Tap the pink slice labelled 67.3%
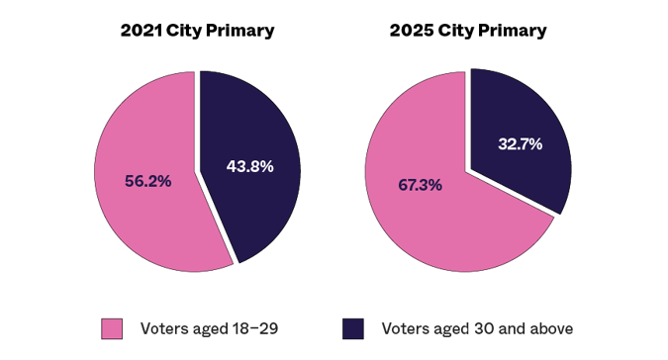pyautogui.click(x=435, y=227)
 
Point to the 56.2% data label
pyautogui.click(x=147, y=181)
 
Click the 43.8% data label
pyautogui.click(x=249, y=166)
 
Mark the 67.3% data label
pyautogui.click(x=420, y=185)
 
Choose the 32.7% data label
pyautogui.click(x=520, y=144)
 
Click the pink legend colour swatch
pyautogui.click(x=112, y=328)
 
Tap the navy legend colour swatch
pyautogui.click(x=352, y=328)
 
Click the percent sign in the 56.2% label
pyautogui.click(x=164, y=181)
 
